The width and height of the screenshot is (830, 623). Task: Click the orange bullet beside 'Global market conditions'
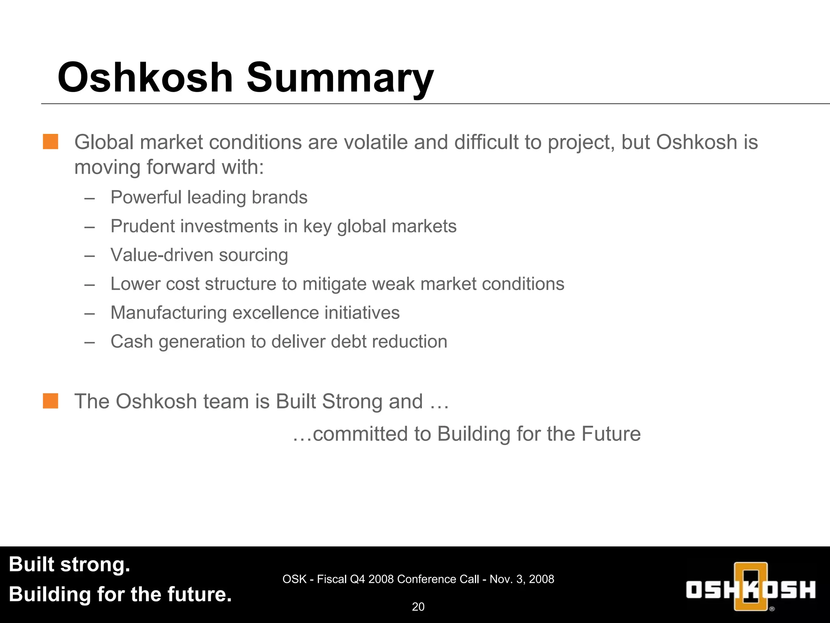51,142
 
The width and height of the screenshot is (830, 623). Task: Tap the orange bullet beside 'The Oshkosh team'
51,401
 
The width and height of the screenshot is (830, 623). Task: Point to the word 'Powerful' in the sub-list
145,198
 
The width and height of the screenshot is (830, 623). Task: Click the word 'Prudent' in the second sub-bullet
142,226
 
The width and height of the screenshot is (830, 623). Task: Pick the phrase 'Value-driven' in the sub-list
162,255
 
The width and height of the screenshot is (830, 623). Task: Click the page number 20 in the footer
418,607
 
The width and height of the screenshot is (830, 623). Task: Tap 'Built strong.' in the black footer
69,565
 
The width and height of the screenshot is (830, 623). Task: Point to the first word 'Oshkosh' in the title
145,78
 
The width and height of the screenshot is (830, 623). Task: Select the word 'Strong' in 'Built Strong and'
352,402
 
